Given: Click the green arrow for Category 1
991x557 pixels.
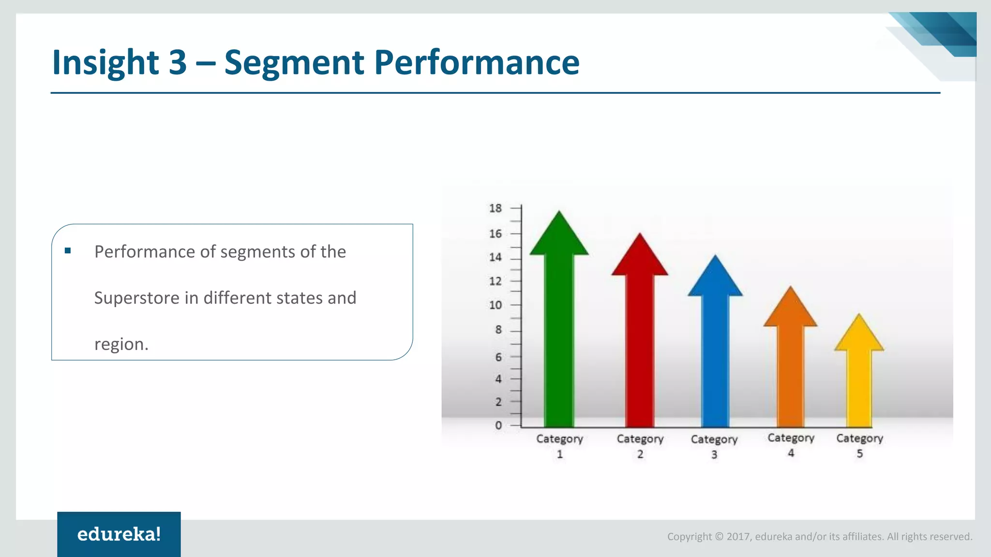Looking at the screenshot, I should pos(559,329).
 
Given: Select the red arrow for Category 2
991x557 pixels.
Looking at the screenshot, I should pos(640,338).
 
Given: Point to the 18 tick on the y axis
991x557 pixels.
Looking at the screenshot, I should pos(495,208).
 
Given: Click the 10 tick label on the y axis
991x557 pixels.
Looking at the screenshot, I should pos(495,305).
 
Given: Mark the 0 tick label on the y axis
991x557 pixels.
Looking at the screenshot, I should pos(498,425).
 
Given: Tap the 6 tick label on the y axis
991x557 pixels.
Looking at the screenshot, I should pos(498,357).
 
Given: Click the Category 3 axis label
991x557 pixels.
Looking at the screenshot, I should pos(714,446).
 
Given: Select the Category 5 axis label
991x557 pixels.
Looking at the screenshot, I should pos(859,445).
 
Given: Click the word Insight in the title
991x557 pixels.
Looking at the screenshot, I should pos(105,63).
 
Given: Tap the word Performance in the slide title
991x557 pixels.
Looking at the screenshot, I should pos(477,63).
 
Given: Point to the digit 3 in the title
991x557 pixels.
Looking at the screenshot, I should pos(178,63).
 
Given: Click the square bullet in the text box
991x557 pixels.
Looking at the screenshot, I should pos(68,250).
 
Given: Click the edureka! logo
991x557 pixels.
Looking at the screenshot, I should pos(119,534).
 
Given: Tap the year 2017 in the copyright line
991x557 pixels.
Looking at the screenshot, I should pos(738,537).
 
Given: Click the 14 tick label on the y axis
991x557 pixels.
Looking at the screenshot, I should pos(495,257).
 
